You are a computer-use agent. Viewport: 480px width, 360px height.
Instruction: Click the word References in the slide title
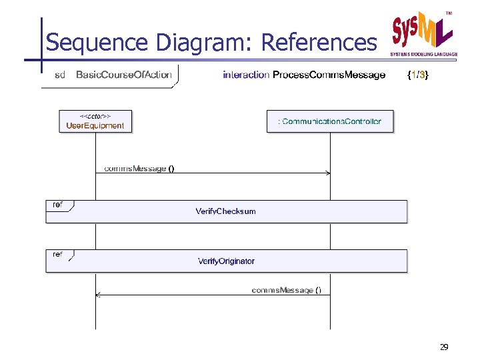pos(319,43)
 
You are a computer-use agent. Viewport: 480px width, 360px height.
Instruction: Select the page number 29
pos(444,347)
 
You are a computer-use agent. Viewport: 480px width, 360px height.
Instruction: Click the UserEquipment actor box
pos(95,121)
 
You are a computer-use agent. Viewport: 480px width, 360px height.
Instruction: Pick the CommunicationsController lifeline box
pos(330,121)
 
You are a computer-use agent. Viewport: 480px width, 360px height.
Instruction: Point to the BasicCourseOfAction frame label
pos(123,75)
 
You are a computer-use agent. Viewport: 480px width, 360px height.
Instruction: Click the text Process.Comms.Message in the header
pos(329,75)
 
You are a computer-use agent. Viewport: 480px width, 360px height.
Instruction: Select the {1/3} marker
pos(418,75)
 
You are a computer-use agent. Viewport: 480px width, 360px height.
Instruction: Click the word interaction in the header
pos(246,75)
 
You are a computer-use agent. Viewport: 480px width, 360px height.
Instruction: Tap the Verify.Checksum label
pos(225,211)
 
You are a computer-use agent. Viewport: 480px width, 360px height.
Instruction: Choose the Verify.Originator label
pos(226,261)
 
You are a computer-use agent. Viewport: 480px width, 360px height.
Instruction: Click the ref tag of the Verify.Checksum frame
pos(58,205)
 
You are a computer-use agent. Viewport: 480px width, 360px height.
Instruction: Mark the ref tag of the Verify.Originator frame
pos(58,255)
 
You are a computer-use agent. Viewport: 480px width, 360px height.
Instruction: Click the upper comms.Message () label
pos(139,169)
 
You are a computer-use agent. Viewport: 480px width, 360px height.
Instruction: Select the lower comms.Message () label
pos(287,290)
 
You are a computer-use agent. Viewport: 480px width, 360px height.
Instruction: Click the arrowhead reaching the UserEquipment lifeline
pos(98,295)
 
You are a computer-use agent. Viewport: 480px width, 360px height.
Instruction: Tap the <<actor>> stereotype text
pos(95,116)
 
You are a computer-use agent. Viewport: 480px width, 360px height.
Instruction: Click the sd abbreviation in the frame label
pos(60,75)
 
